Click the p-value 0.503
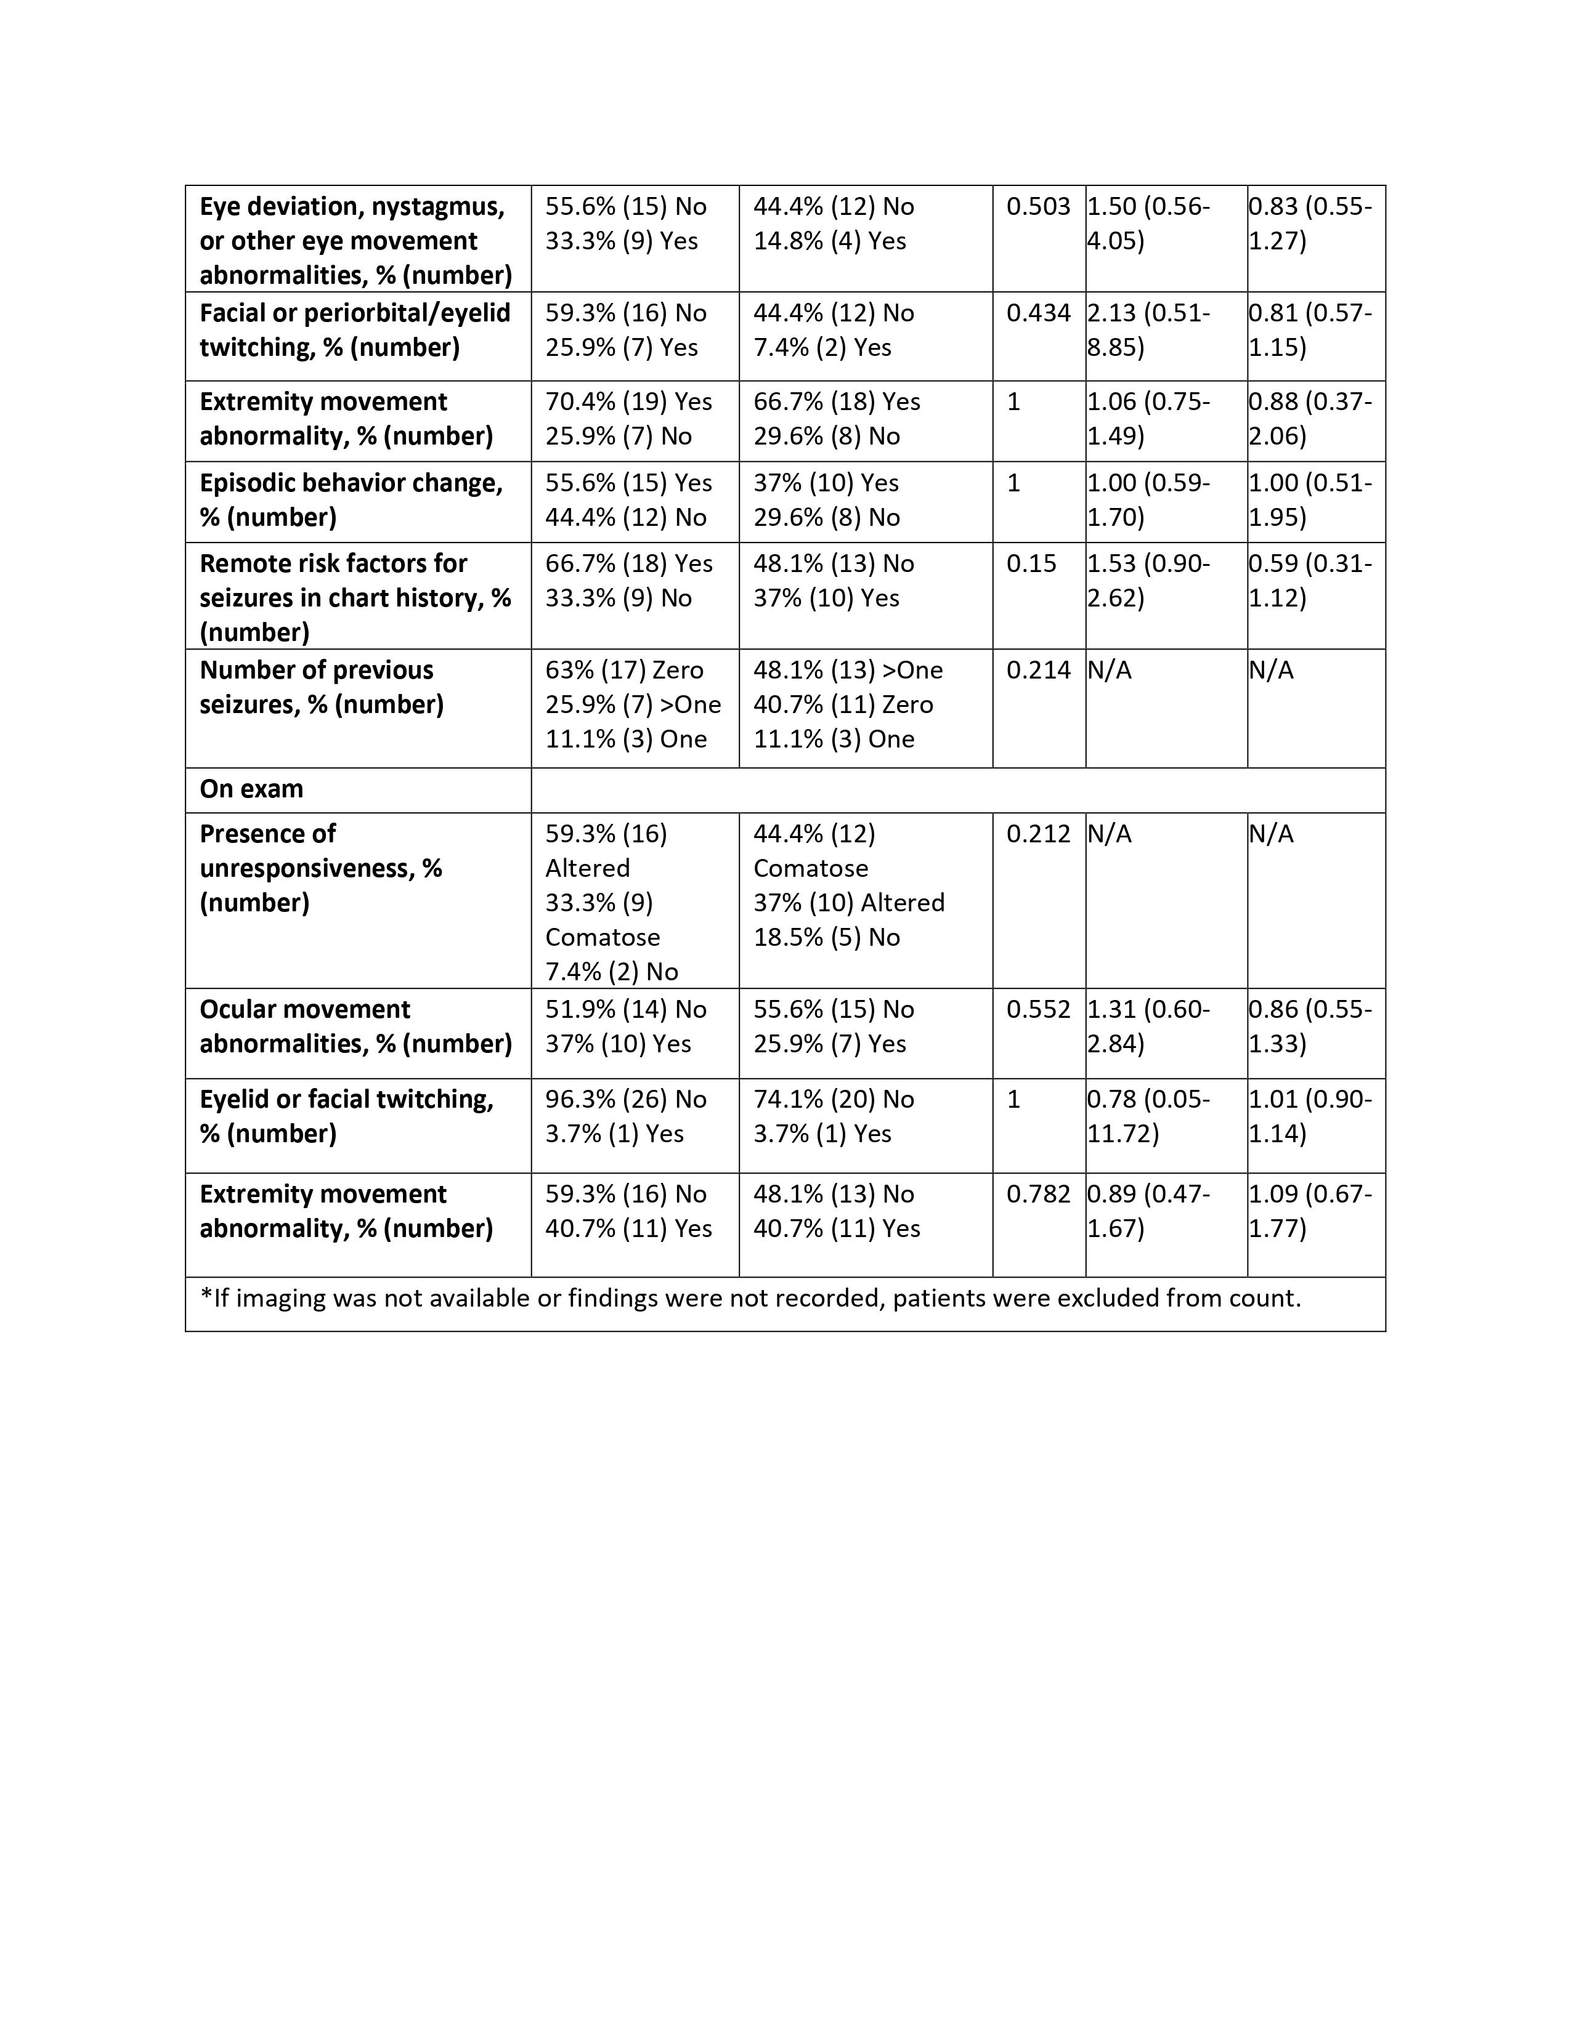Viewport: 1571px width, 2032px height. pyautogui.click(x=1037, y=206)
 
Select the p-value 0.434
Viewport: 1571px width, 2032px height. pyautogui.click(x=1037, y=313)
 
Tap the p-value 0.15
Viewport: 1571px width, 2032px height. pyautogui.click(x=1031, y=564)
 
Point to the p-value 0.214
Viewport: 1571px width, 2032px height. pyautogui.click(x=1037, y=671)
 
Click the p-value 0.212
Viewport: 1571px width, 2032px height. pyautogui.click(x=1037, y=834)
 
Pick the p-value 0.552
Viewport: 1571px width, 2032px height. pyautogui.click(x=1037, y=1009)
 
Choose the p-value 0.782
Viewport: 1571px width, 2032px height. pyautogui.click(x=1037, y=1195)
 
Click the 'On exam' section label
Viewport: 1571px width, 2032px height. pyautogui.click(x=251, y=789)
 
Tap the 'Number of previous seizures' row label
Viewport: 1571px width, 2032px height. pyautogui.click(x=321, y=688)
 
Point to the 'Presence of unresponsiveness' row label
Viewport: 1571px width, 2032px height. pyautogui.click(x=320, y=868)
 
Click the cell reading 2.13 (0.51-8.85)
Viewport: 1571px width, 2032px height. pyautogui.click(x=1150, y=330)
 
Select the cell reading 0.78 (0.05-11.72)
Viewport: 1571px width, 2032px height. pyautogui.click(x=1150, y=1116)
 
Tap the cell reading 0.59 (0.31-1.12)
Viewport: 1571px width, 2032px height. pyautogui.click(x=1310, y=581)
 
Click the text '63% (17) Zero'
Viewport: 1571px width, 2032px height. pyautogui.click(x=625, y=671)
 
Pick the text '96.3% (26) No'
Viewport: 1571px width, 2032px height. pyautogui.click(x=627, y=1100)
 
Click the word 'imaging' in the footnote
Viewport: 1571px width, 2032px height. pyautogui.click(x=280, y=1298)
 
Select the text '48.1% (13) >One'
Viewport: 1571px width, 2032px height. pyautogui.click(x=848, y=671)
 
